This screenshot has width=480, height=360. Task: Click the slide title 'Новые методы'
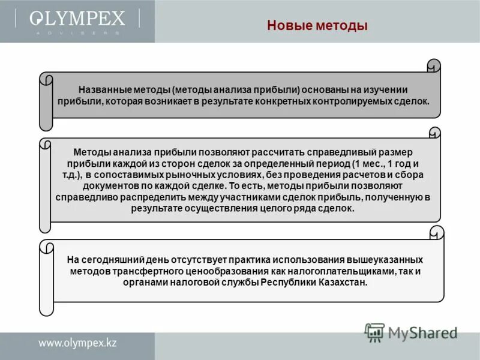(x=317, y=26)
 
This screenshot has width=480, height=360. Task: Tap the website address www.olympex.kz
(x=78, y=344)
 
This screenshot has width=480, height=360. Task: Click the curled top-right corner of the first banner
(x=433, y=65)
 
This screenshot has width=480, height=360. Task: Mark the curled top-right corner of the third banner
(x=437, y=233)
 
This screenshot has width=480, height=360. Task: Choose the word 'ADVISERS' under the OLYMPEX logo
(x=77, y=34)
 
